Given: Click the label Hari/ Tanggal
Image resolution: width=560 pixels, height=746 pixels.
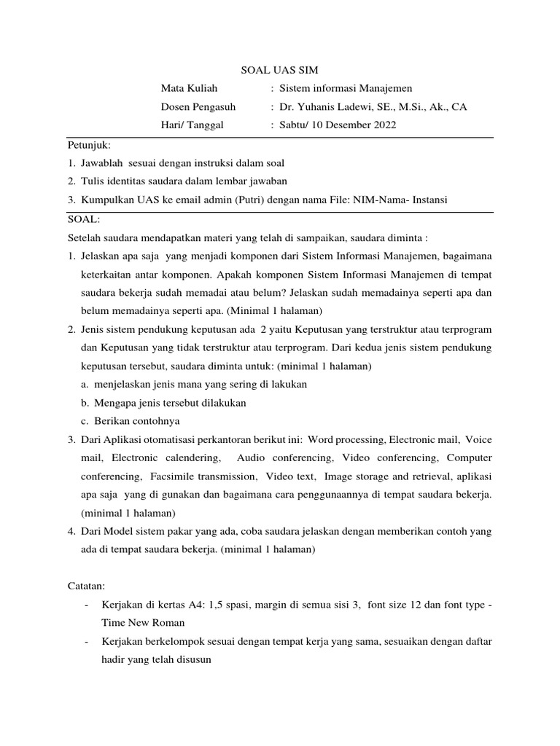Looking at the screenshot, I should [192, 125].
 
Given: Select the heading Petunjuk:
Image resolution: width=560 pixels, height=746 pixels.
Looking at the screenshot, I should [88, 145].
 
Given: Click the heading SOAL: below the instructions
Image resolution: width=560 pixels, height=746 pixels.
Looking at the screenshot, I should [85, 219].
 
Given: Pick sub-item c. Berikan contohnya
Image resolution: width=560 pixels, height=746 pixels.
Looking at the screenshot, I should [131, 421].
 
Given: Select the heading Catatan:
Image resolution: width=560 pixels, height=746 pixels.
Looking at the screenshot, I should [87, 585].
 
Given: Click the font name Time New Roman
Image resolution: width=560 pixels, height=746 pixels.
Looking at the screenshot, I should [142, 622].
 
